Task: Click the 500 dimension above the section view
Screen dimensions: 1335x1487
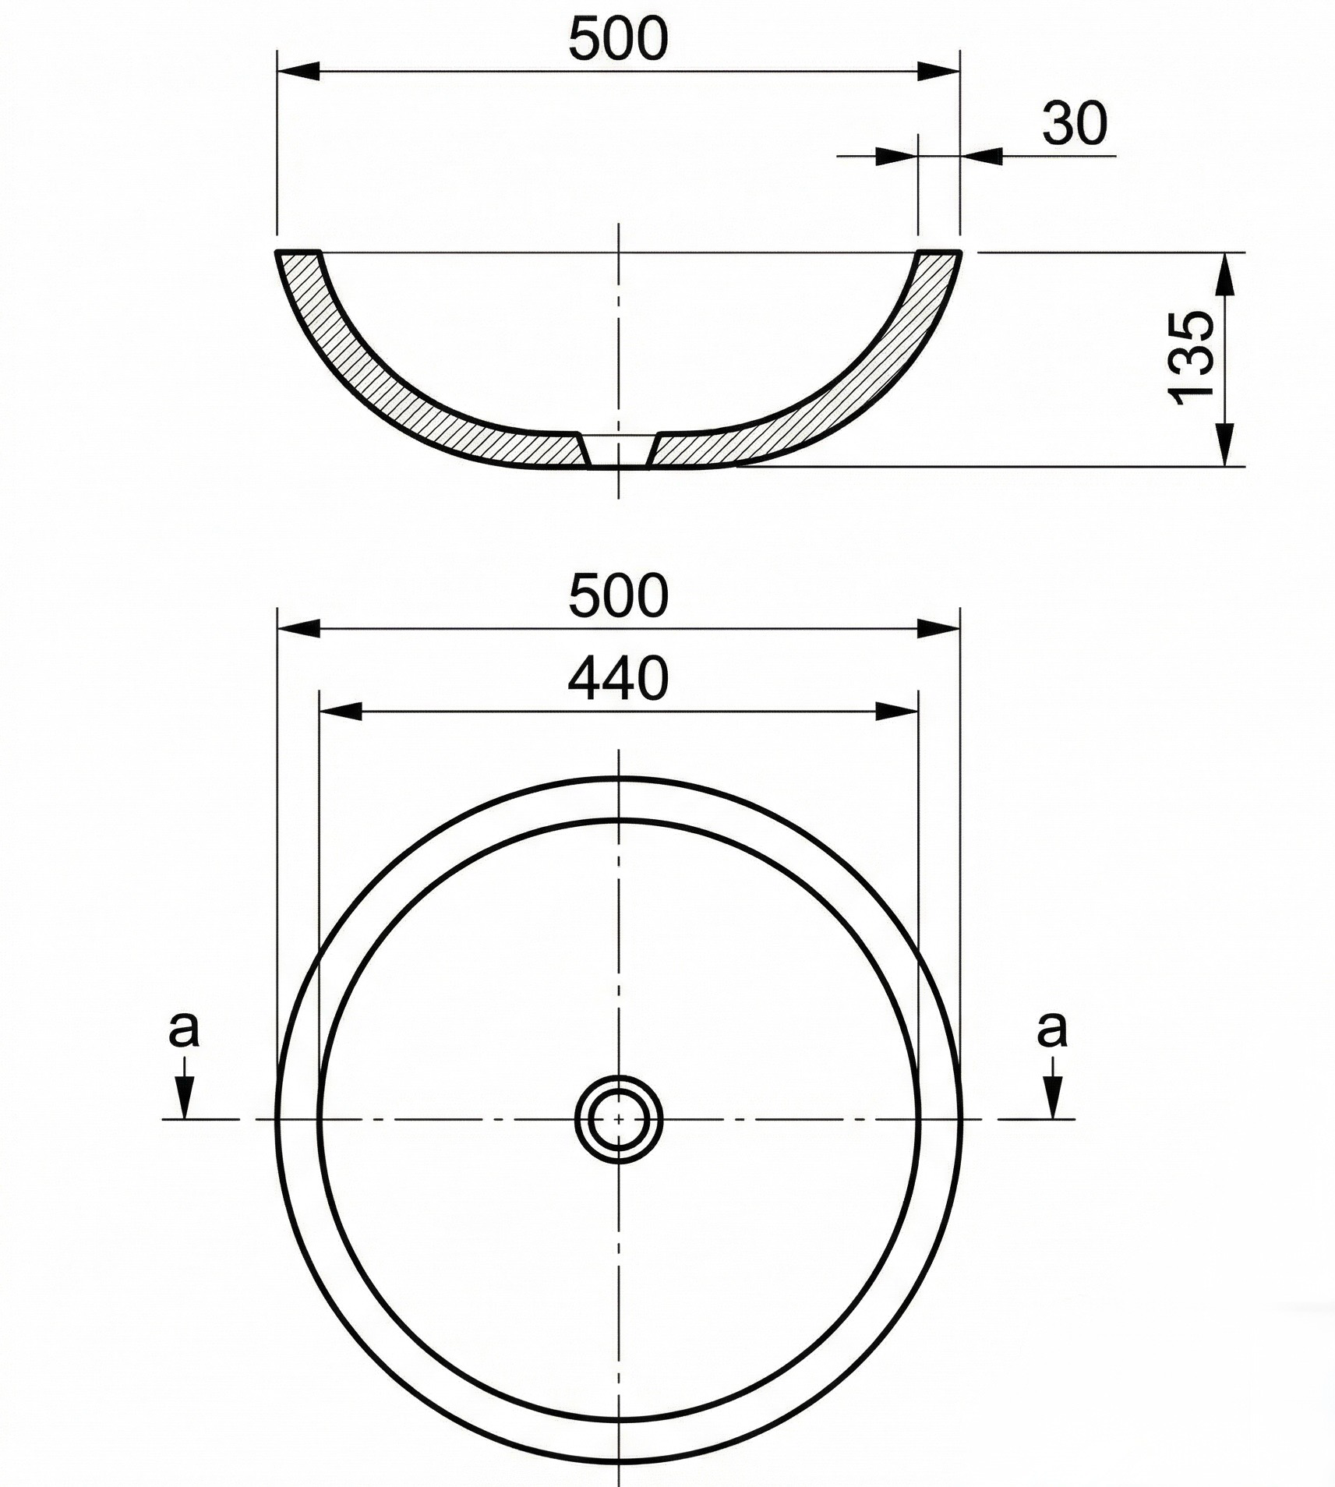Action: click(618, 39)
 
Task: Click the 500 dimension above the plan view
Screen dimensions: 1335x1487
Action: click(618, 595)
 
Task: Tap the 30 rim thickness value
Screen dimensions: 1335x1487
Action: click(1075, 123)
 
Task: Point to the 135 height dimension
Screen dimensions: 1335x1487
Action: click(1192, 358)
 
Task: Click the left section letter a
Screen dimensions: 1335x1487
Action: click(184, 1030)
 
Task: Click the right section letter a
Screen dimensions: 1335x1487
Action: click(1052, 1030)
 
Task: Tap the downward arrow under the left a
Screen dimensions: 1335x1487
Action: click(184, 1088)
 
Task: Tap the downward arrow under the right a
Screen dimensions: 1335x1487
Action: click(1054, 1088)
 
